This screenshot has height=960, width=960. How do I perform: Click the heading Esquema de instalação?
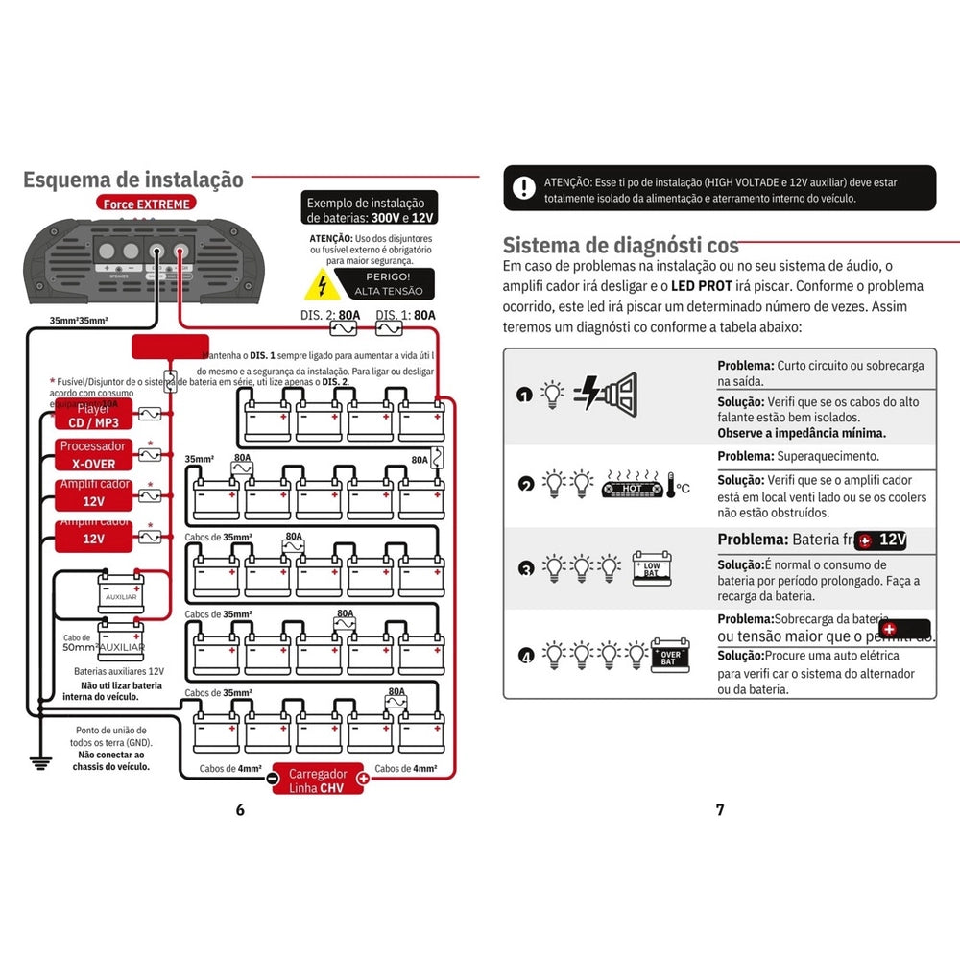click(x=133, y=180)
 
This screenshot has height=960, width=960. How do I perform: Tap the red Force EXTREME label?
click(x=145, y=204)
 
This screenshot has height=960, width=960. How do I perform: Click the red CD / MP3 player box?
click(x=93, y=417)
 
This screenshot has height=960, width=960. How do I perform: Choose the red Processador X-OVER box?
click(x=93, y=454)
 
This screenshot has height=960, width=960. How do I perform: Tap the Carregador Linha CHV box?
click(x=318, y=780)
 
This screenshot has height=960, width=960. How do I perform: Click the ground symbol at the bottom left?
click(x=39, y=763)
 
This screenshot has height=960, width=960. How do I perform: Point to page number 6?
click(x=240, y=809)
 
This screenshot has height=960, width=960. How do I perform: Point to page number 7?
click(x=720, y=809)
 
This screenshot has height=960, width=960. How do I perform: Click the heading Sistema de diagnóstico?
click(x=621, y=244)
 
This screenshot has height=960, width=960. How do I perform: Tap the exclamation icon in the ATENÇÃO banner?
click(x=523, y=187)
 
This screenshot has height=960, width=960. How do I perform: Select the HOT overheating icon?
click(x=633, y=489)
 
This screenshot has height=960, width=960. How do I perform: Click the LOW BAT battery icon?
click(x=651, y=568)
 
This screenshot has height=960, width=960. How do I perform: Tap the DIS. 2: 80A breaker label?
click(x=336, y=315)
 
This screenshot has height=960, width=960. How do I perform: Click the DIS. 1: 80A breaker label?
click(x=405, y=315)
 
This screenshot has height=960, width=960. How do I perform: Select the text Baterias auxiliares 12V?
click(x=119, y=671)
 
